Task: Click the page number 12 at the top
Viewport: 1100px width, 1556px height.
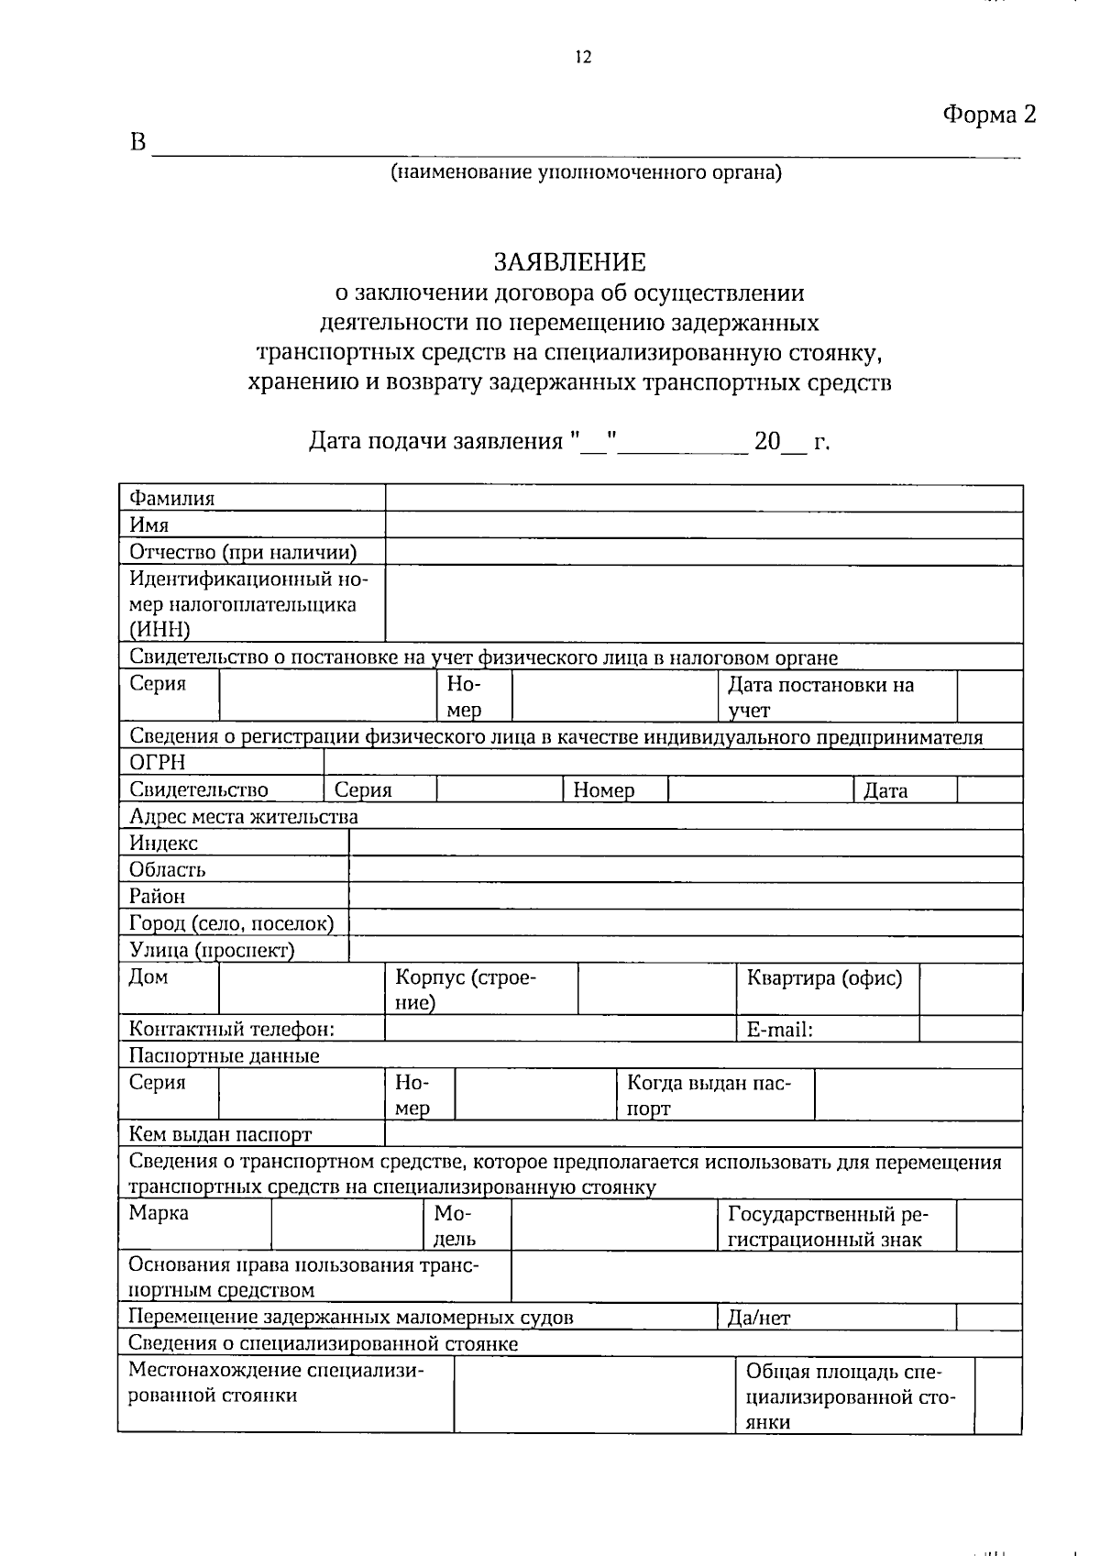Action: pos(583,58)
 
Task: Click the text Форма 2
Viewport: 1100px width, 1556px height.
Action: pos(989,115)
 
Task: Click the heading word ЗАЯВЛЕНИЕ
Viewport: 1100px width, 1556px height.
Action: pos(569,262)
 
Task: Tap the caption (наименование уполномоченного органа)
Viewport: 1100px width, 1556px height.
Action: pos(586,171)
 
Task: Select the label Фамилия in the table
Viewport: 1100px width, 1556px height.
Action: pos(171,499)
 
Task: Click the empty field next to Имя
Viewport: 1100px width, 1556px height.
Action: pos(703,525)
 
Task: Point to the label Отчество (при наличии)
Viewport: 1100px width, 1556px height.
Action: pos(243,552)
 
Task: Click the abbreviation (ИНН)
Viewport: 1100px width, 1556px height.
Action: pos(159,629)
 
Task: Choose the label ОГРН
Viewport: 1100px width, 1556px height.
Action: pos(157,763)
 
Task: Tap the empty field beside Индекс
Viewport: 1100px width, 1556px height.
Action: pos(685,843)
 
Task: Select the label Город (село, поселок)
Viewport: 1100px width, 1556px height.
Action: pos(231,923)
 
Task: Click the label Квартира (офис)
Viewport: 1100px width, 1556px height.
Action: pos(823,977)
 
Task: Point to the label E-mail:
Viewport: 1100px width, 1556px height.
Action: pos(779,1030)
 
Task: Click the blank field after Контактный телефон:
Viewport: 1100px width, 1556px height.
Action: pos(559,1029)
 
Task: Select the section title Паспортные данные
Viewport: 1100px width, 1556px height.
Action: pos(224,1055)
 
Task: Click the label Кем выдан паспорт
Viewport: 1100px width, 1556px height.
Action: pos(220,1134)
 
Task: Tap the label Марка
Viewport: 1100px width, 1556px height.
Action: pos(159,1213)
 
